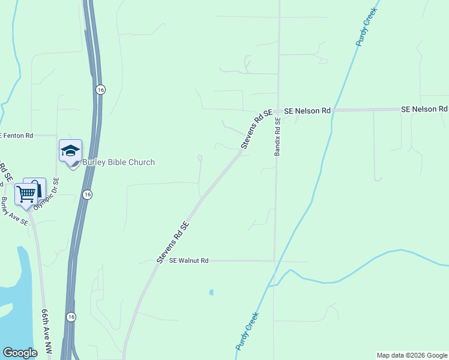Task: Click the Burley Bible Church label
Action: tap(118, 162)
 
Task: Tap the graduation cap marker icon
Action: tap(70, 151)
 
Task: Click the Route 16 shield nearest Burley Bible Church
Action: tap(88, 194)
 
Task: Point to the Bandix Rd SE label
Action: tap(277, 137)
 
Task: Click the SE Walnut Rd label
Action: tap(188, 261)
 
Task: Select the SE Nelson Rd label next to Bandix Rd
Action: tap(307, 111)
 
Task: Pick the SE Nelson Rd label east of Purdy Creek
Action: tap(424, 109)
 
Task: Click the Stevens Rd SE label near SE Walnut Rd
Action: tap(173, 242)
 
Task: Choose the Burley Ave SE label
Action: tap(14, 211)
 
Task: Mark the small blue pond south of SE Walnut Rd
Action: tap(211, 293)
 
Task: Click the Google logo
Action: tap(20, 353)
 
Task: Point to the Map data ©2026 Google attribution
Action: tap(412, 355)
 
